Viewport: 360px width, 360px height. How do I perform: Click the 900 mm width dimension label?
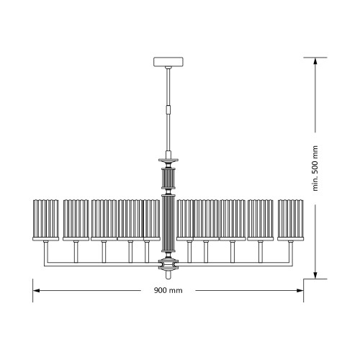click(168, 290)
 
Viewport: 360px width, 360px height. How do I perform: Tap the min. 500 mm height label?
click(315, 168)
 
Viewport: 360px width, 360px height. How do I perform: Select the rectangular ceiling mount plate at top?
click(168, 62)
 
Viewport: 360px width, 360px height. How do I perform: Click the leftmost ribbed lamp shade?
click(45, 220)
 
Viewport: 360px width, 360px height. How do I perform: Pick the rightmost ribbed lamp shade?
click(291, 220)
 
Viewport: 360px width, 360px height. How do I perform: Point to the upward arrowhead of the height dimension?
click(315, 61)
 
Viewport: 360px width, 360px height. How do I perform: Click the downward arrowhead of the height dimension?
click(315, 275)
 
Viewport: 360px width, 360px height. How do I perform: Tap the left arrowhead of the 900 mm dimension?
click(36, 291)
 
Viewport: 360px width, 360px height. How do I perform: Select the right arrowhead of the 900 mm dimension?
click(300, 291)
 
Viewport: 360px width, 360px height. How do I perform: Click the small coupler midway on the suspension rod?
click(168, 109)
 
